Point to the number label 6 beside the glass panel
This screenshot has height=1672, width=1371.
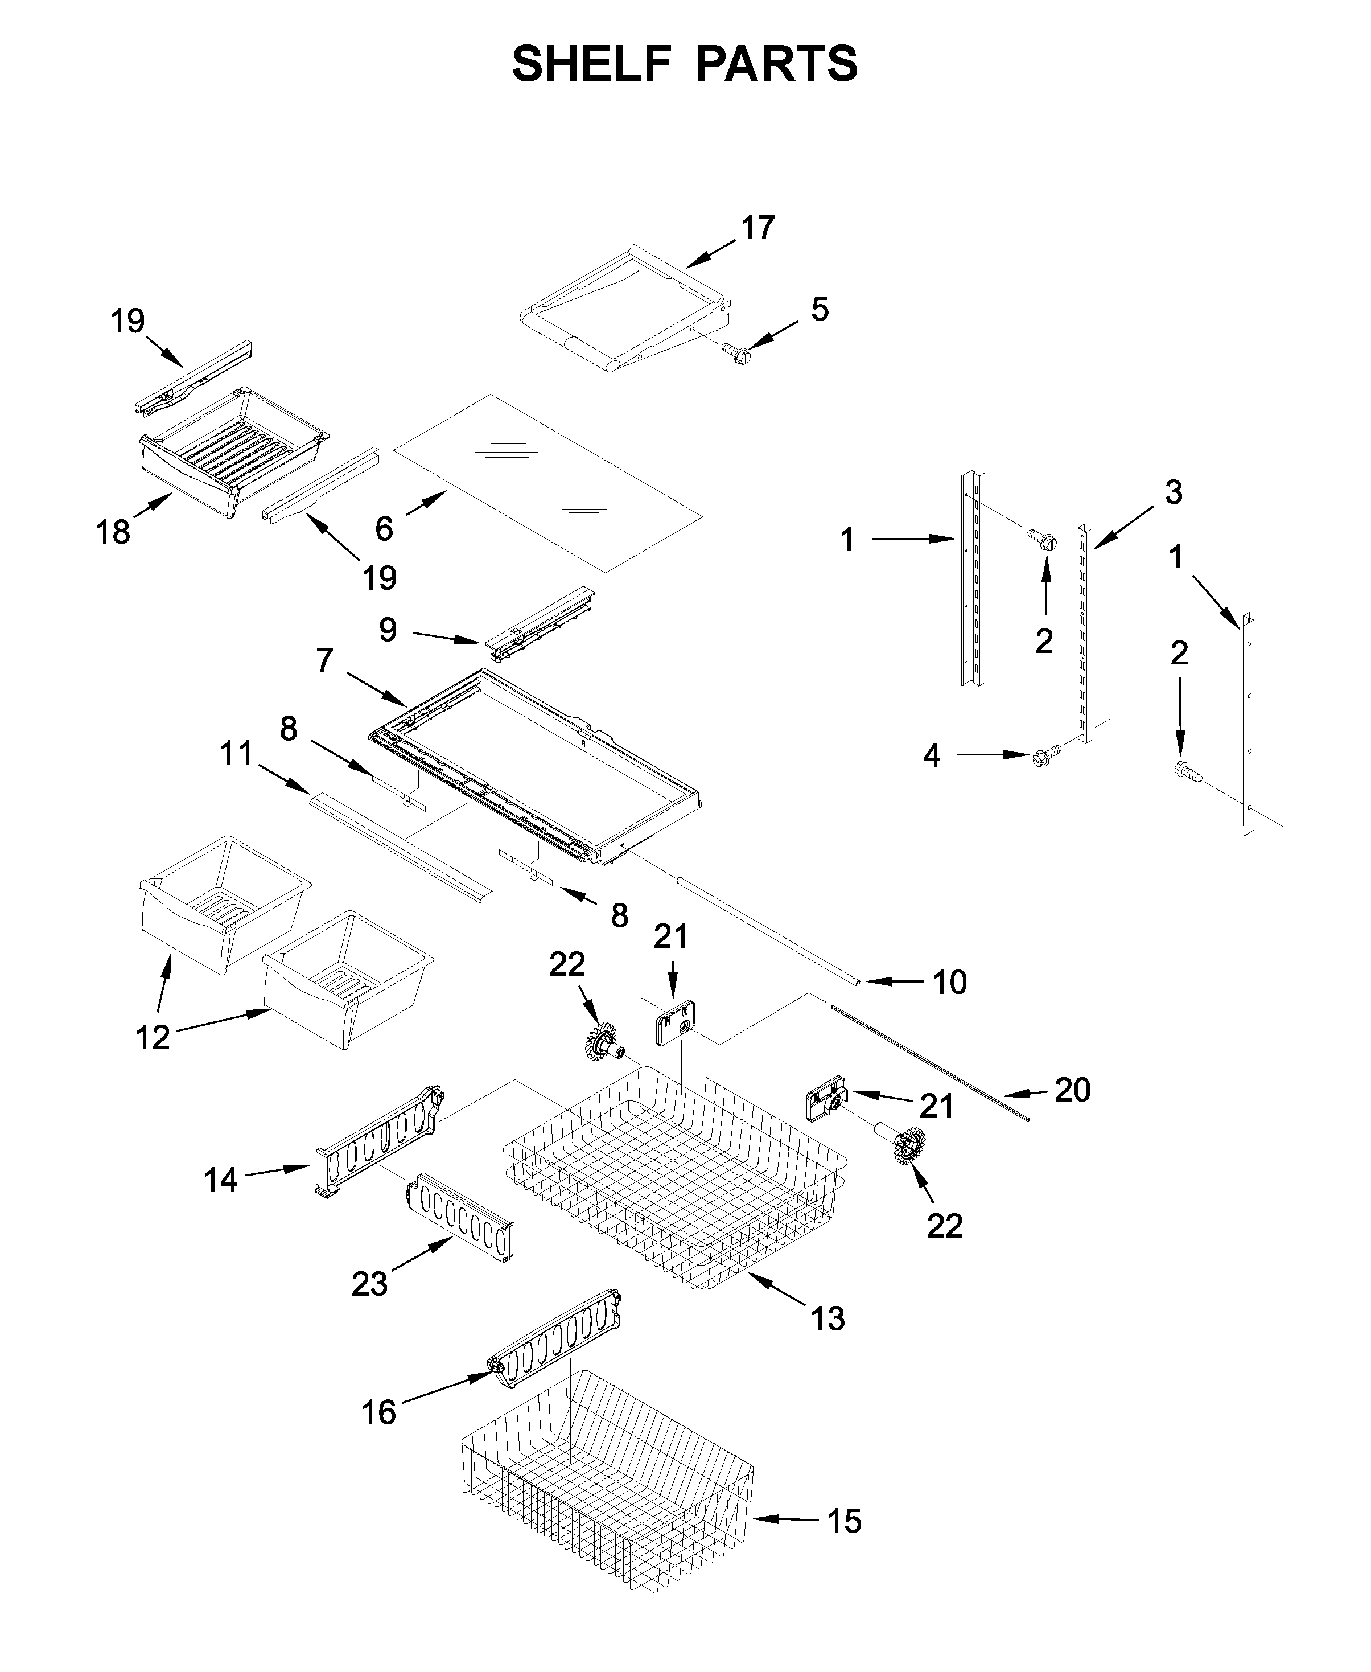384,528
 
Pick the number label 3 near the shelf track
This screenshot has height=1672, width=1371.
1174,493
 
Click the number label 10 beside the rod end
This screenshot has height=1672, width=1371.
949,983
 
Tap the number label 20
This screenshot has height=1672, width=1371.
1072,1090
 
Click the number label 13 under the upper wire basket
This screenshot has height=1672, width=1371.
827,1318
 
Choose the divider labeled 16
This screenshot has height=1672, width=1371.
558,1354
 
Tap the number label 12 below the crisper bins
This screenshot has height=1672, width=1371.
153,1037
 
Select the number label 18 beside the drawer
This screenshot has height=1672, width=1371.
112,532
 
